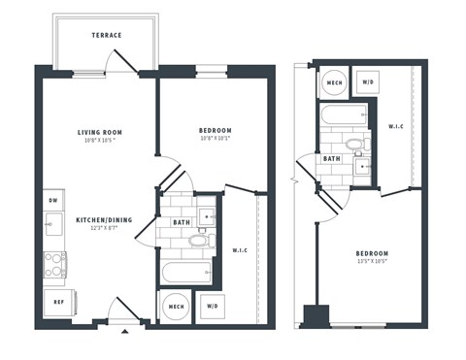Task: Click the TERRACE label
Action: click(x=107, y=36)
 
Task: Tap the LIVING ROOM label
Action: click(x=100, y=132)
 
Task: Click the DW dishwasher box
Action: click(x=53, y=201)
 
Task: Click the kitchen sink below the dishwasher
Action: click(x=52, y=228)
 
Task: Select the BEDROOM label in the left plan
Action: click(x=215, y=131)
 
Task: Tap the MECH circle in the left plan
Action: click(x=177, y=307)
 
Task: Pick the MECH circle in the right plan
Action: click(x=334, y=83)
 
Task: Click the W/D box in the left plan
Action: click(x=212, y=307)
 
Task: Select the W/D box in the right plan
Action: click(x=368, y=83)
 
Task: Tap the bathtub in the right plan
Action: click(x=340, y=117)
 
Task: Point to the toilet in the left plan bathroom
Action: click(x=199, y=240)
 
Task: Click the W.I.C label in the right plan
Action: click(x=396, y=127)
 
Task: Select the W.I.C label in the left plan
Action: click(x=240, y=251)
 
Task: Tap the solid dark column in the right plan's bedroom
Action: click(x=316, y=316)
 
